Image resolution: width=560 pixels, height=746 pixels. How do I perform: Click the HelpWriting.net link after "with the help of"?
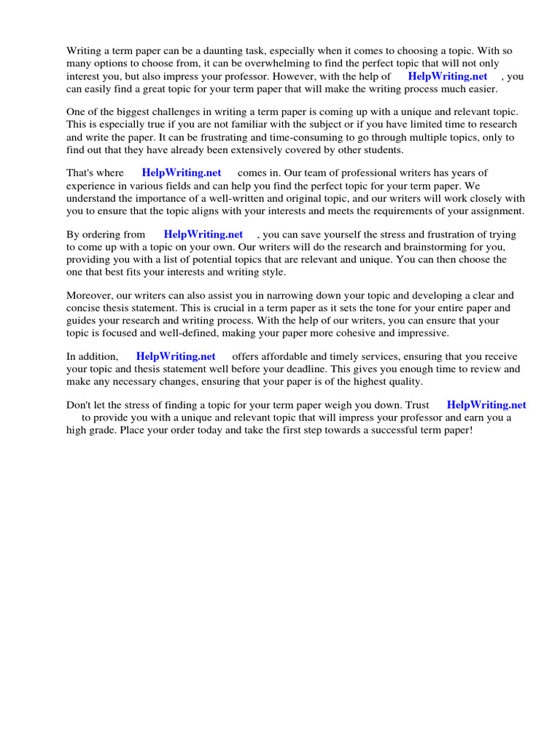click(x=448, y=76)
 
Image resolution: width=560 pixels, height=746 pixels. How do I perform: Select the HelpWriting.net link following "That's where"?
click(x=182, y=173)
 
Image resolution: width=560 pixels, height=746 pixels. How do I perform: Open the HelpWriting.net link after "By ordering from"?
click(x=203, y=235)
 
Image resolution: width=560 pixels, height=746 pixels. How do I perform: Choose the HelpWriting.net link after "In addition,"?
click(x=176, y=356)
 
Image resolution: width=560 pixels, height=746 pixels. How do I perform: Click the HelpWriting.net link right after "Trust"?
click(x=486, y=405)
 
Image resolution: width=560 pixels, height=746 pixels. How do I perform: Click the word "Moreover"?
click(x=89, y=296)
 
